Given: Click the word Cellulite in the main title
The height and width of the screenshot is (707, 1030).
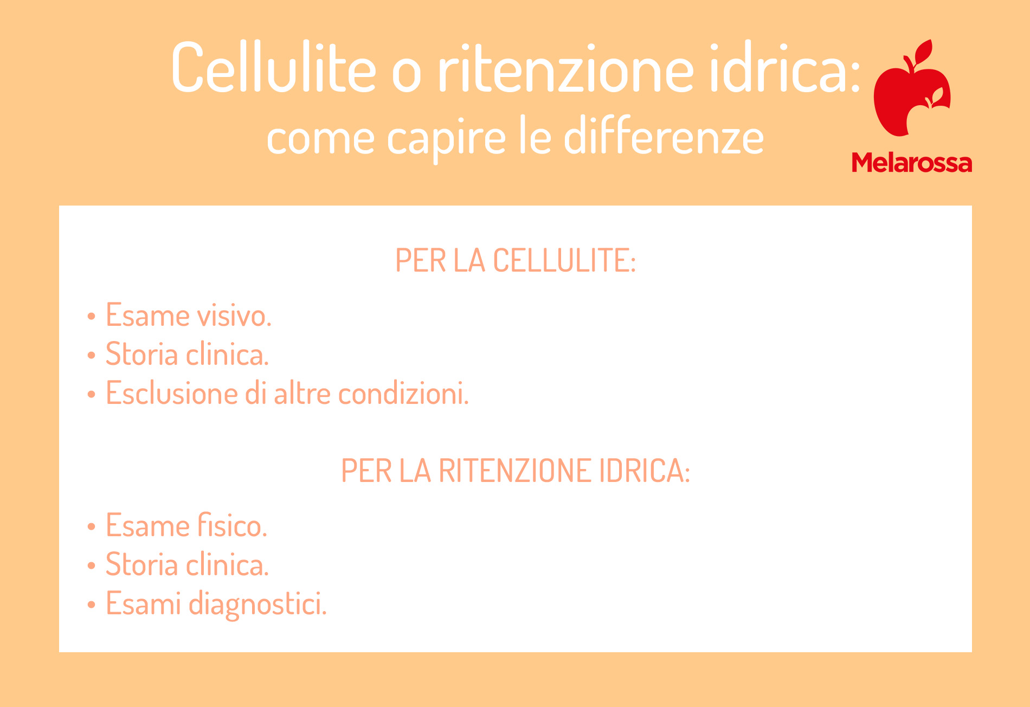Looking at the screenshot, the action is [x=274, y=67].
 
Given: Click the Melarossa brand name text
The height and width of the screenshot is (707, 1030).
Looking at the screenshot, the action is [x=912, y=163].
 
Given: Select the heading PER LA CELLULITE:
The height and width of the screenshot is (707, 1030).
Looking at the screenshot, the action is [x=515, y=260].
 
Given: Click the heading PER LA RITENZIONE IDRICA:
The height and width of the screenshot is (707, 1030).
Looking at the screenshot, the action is [x=515, y=470].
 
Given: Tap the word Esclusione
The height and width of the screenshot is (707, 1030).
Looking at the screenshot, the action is [x=171, y=393].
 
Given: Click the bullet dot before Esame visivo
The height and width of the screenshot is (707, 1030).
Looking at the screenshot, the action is [x=91, y=316].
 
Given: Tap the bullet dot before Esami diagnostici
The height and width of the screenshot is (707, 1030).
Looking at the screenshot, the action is [x=91, y=605].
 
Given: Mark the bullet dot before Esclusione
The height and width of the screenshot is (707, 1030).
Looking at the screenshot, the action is [x=91, y=394].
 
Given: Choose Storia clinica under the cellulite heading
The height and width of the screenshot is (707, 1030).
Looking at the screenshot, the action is [x=187, y=354].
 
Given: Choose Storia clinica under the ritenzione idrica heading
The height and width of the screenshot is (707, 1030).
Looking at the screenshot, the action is [x=187, y=564].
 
